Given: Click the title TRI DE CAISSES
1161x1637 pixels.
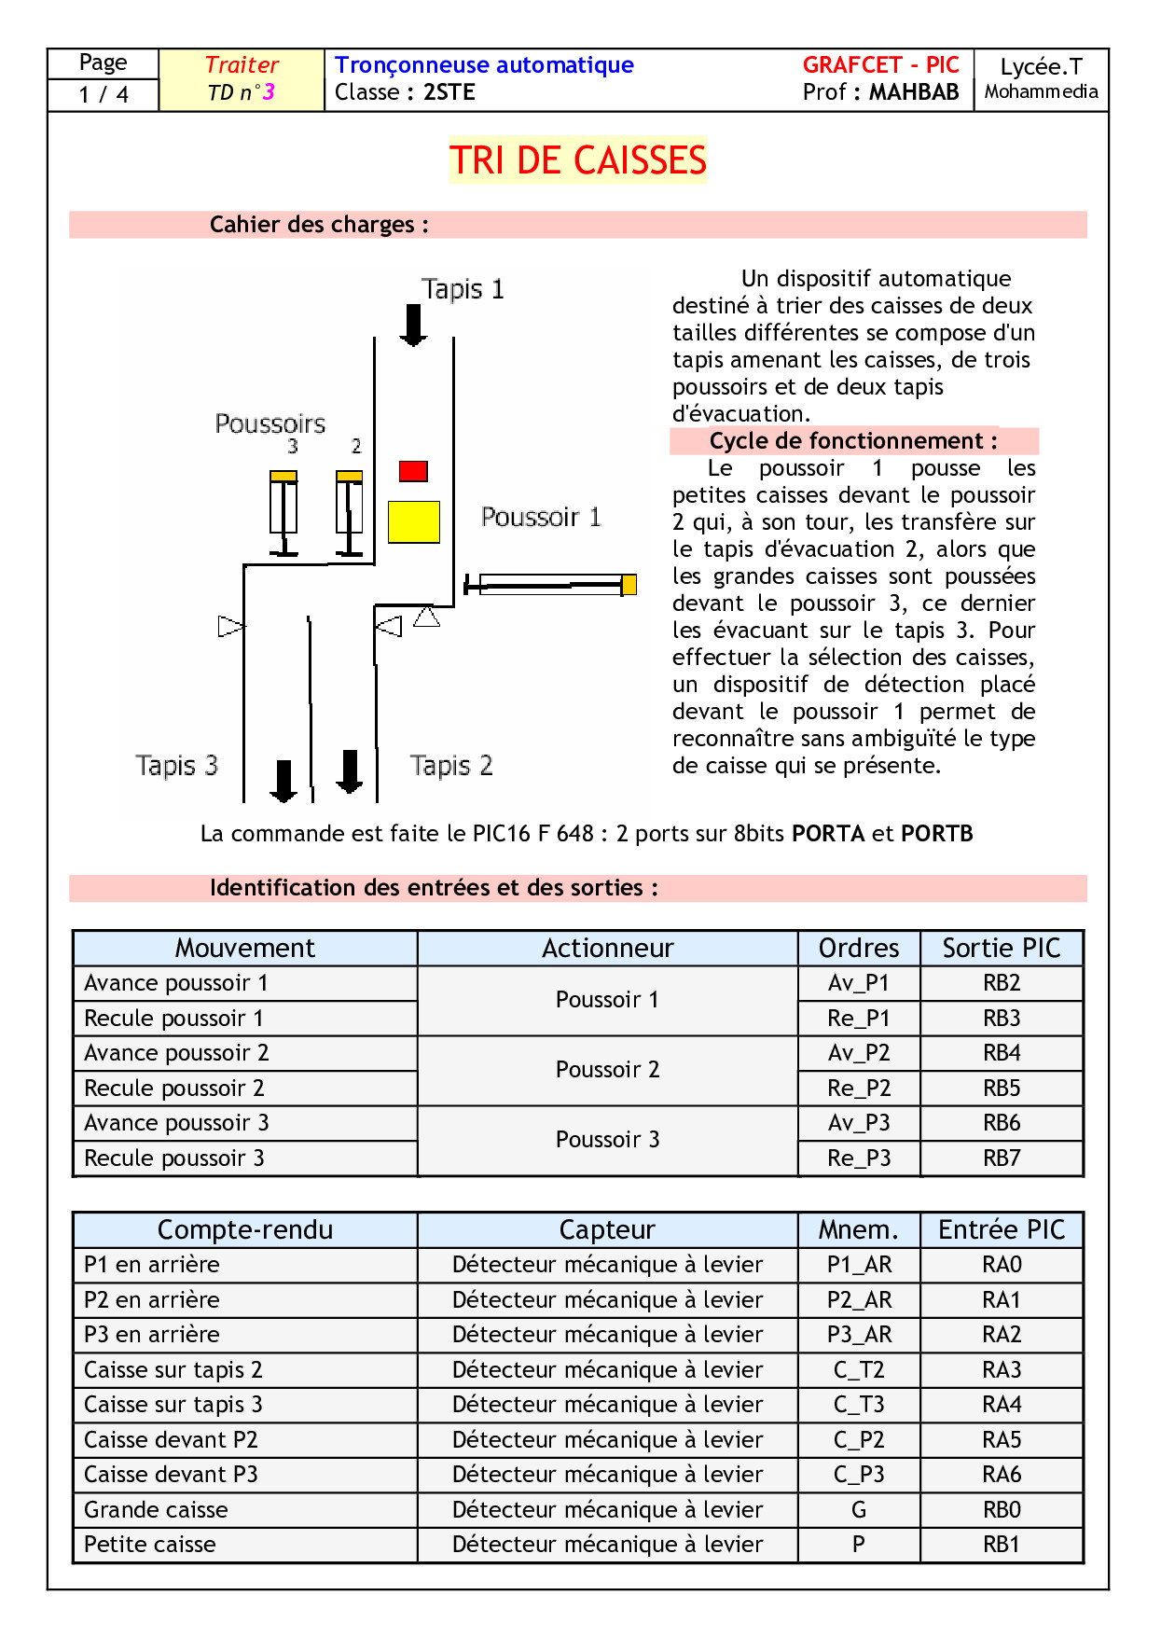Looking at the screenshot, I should [x=578, y=160].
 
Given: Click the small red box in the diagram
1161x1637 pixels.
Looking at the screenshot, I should [x=413, y=471].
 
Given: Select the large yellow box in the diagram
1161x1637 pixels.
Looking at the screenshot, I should [x=413, y=521].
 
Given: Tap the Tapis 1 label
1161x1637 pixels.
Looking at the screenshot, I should [x=463, y=289].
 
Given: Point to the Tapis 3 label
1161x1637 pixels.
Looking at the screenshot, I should [x=176, y=766].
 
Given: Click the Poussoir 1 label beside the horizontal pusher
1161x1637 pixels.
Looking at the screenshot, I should [x=541, y=517].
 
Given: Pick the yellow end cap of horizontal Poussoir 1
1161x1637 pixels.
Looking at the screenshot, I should [x=629, y=585].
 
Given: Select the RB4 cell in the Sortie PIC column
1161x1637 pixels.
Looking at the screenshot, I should [x=1002, y=1053].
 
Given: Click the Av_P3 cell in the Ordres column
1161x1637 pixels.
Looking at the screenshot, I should [x=859, y=1123].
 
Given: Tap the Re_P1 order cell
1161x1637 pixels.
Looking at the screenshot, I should [x=859, y=1019].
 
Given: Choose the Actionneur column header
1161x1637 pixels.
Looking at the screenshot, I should [x=608, y=949].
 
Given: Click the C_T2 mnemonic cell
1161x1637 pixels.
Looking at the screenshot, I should [x=859, y=1370].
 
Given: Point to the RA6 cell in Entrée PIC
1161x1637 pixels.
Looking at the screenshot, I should [x=1002, y=1475].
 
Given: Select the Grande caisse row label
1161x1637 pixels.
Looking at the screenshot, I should [x=156, y=1510].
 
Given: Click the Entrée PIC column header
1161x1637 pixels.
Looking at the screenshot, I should [x=1002, y=1230].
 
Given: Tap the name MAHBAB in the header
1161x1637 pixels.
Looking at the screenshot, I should [x=914, y=92].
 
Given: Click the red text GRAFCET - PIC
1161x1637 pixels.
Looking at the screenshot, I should [x=880, y=65].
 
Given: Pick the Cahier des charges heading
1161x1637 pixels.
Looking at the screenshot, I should [x=319, y=225].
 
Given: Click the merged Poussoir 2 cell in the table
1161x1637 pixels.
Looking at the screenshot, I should [x=608, y=1070].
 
